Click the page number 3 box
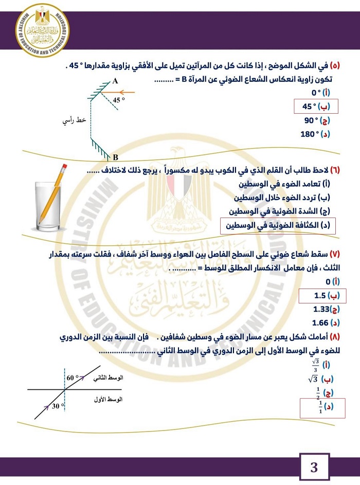314,468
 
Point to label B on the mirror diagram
115,157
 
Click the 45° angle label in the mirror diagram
119,100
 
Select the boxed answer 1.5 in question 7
322,296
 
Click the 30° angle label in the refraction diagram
58,406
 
